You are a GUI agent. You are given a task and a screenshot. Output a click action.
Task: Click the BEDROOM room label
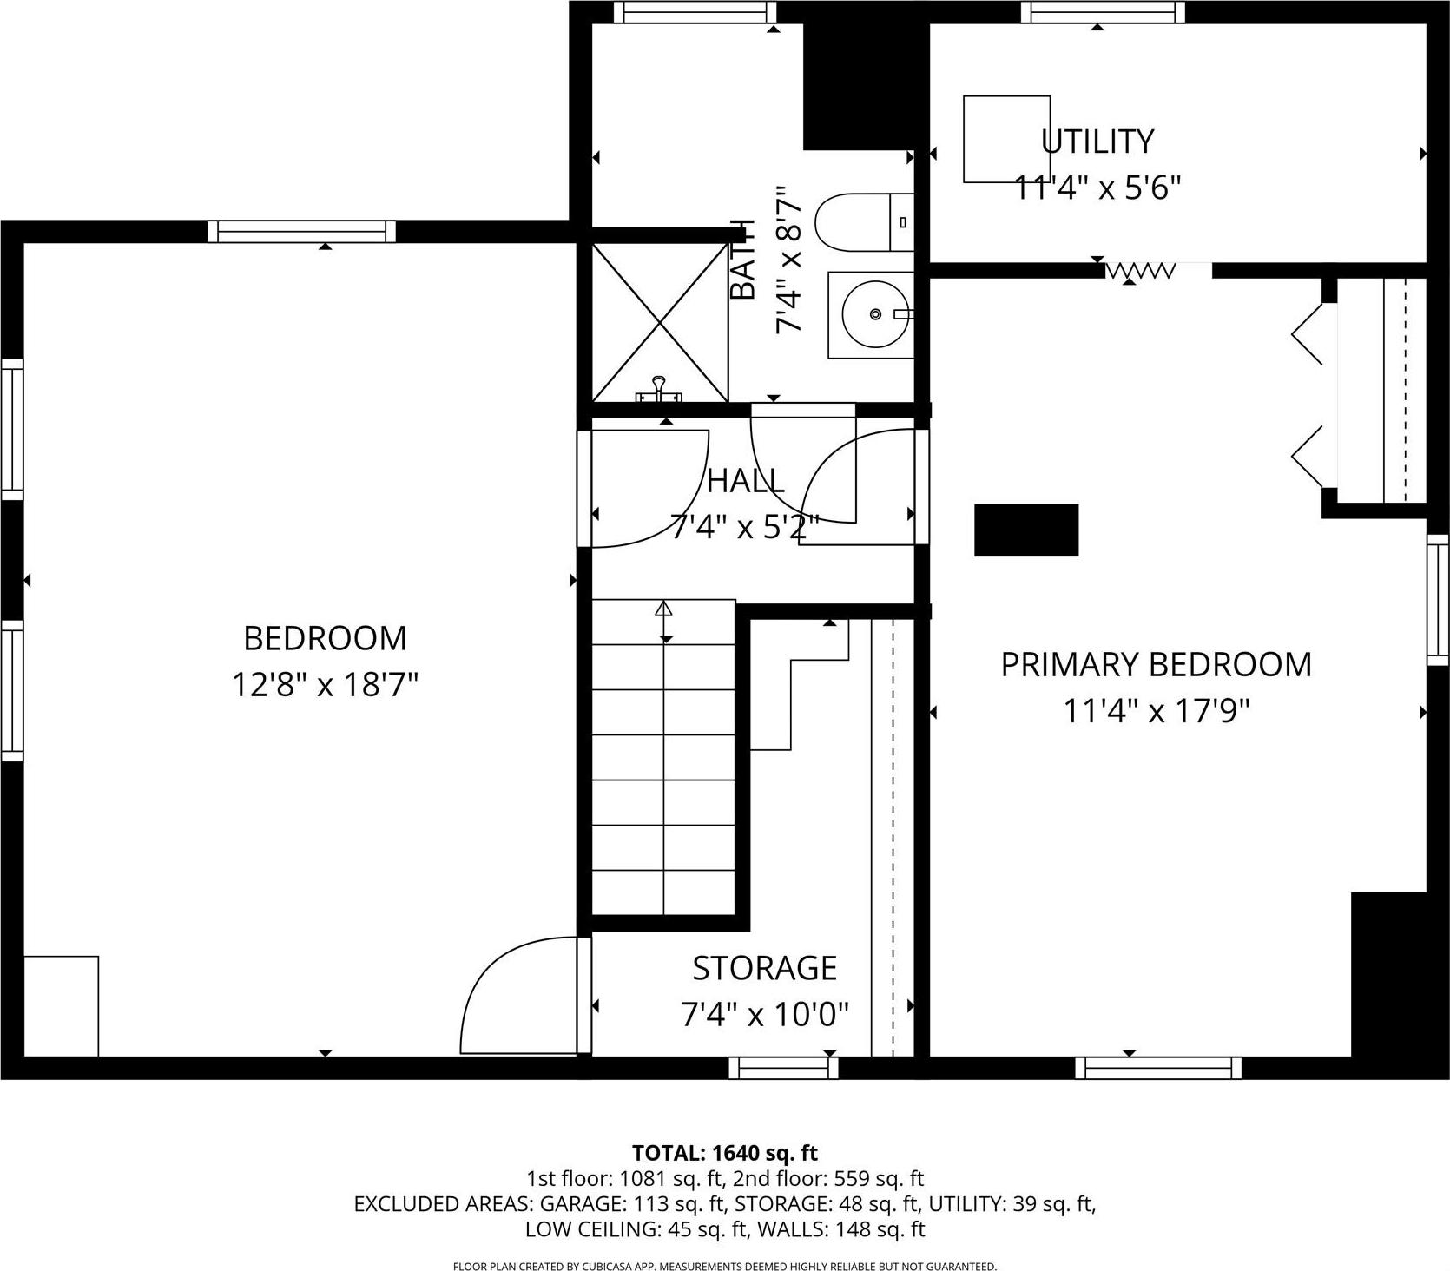[325, 638]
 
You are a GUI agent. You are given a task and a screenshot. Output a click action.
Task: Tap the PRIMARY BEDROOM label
[1156, 664]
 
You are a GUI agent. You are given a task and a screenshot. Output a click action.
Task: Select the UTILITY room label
[1097, 141]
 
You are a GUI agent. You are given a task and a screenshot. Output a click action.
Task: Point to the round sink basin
[875, 313]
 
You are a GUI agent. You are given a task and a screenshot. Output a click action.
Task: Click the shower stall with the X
[660, 322]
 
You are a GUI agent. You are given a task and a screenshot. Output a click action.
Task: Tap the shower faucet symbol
[659, 388]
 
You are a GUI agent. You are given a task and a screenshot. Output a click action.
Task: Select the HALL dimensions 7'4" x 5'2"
[745, 526]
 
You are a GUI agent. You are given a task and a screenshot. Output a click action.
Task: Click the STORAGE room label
[764, 967]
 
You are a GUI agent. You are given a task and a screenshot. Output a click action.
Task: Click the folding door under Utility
[1140, 272]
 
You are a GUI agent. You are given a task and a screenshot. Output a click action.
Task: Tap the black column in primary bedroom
[1026, 530]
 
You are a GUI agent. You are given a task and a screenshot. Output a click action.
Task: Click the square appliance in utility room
[1006, 139]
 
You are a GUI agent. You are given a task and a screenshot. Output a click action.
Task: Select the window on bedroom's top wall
[301, 231]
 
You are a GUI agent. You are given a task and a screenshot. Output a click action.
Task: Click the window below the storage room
[783, 1067]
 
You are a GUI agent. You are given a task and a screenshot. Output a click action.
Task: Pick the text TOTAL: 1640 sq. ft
[725, 1153]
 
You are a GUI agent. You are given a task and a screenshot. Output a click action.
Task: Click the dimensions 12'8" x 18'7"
[325, 685]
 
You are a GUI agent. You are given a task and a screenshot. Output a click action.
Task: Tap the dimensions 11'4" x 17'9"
[1156, 711]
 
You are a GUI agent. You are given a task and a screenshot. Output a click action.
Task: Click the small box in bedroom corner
[61, 1005]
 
